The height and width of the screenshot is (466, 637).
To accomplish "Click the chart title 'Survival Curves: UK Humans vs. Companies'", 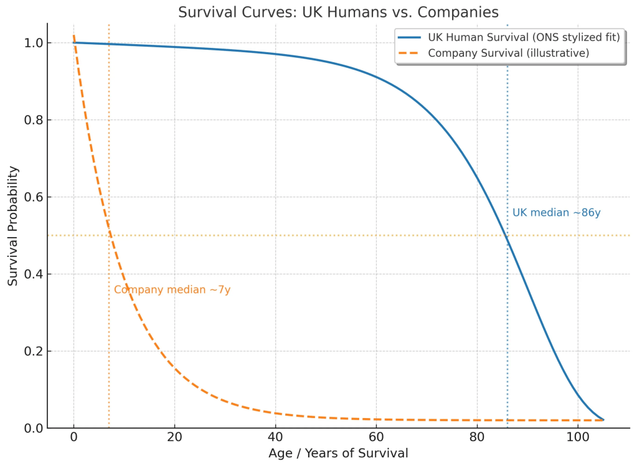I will click(x=338, y=12).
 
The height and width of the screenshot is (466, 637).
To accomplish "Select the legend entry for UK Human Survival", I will click(x=524, y=37).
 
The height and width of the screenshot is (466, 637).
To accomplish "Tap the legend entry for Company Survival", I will click(x=508, y=53).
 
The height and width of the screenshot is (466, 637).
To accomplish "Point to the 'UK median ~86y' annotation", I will click(x=556, y=213).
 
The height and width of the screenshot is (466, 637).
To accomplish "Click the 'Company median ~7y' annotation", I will click(x=172, y=290).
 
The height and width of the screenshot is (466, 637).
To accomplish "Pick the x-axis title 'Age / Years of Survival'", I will click(x=338, y=453).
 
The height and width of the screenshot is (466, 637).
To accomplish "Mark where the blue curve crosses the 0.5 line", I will click(x=506, y=235).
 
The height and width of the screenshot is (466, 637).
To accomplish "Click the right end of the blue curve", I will click(x=603, y=420).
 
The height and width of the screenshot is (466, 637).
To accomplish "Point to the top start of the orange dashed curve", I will click(x=73, y=36).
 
